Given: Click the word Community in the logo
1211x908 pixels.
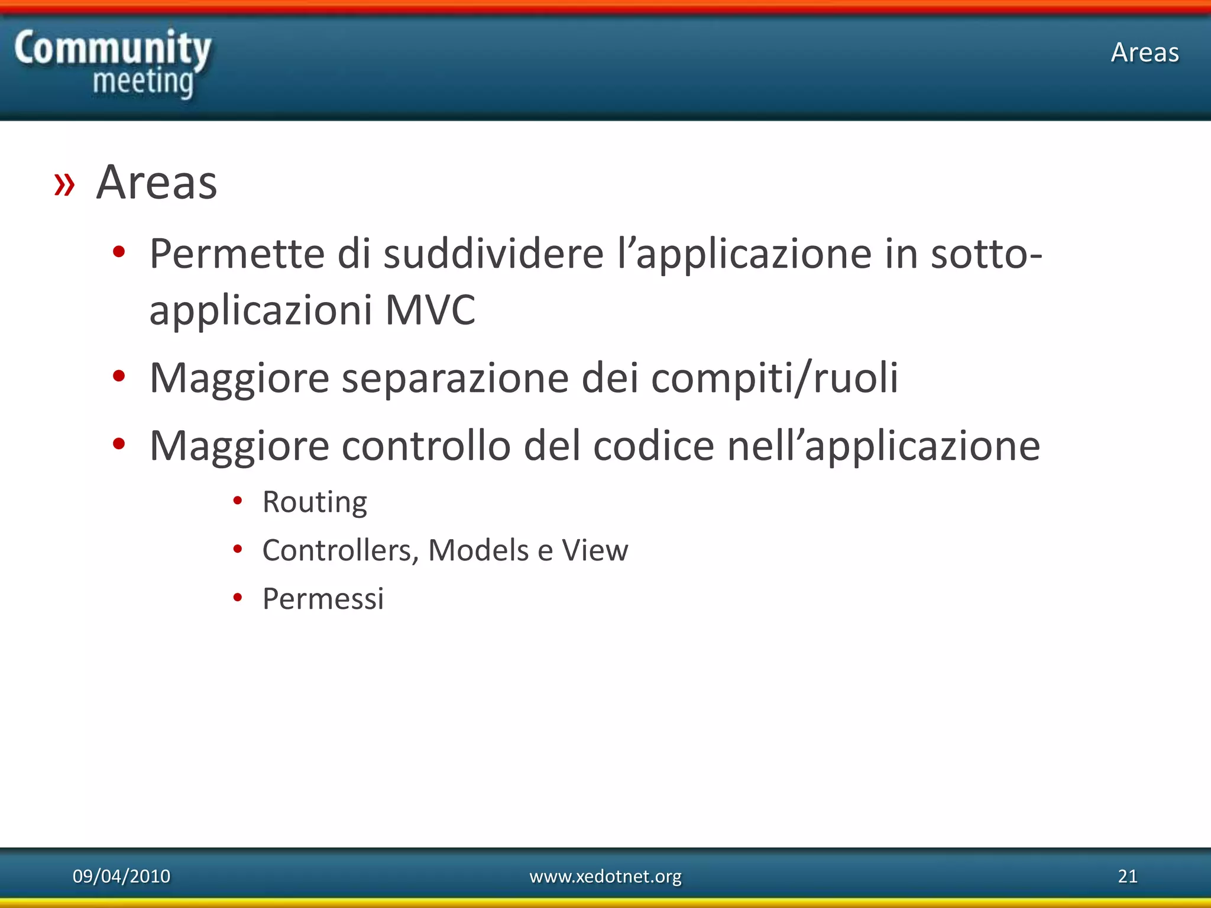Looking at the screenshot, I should pos(112,48).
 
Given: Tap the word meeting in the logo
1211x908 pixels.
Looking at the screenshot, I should pos(143,82).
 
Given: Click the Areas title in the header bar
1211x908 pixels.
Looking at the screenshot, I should pos(1145,53).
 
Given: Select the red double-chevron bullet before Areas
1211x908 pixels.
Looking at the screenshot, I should pos(64,184).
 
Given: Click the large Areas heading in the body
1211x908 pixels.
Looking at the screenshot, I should pos(157,183).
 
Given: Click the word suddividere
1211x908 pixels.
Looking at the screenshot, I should pos(493,254).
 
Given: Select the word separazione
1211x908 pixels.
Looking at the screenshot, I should pos(455,378).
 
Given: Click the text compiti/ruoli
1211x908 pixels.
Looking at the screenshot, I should pos(775,378).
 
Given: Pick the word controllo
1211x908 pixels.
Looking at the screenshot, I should pos(426,446).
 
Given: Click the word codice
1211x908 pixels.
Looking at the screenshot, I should pos(653,446).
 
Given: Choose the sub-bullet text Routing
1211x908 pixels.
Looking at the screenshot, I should pos(315,502).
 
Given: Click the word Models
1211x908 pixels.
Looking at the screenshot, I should pos(478,550).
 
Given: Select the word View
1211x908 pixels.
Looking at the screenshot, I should pos(595,550).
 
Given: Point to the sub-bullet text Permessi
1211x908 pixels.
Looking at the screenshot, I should pos(323,599).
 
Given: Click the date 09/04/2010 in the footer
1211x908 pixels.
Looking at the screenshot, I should pos(121,876).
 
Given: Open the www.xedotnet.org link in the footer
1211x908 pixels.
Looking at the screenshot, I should pos(605,876).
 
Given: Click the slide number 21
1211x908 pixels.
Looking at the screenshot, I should pos(1127,876).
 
